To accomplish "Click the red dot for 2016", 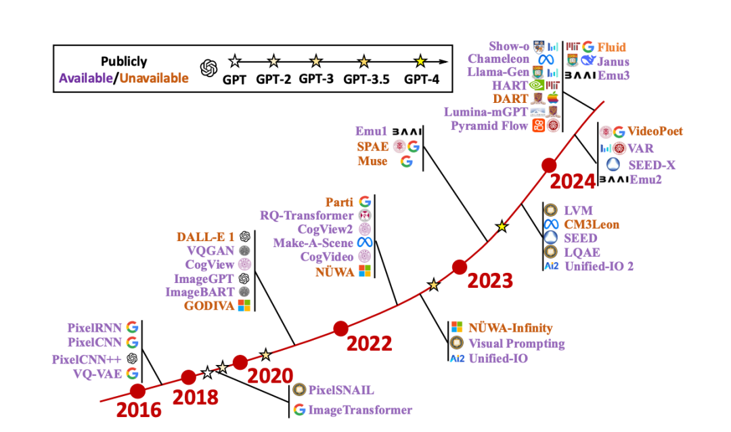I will [138, 391].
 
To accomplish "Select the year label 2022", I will [370, 343].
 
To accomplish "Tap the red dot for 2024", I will [549, 165].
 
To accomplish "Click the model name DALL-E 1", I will [205, 236].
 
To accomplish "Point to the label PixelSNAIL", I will [341, 390].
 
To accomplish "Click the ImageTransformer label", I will [360, 410].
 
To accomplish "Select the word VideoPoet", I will [655, 131].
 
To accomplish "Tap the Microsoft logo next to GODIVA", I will [244, 306].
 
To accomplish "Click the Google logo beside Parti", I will [365, 202].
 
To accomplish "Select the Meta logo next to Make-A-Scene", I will [365, 242].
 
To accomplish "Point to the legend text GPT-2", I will [273, 79].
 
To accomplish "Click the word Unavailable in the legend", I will [153, 78].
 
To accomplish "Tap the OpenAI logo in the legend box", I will [208, 68].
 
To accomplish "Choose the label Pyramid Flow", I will [491, 125].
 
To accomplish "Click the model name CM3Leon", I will [592, 224].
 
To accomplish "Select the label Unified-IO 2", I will [600, 266].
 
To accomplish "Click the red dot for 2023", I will [460, 267].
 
